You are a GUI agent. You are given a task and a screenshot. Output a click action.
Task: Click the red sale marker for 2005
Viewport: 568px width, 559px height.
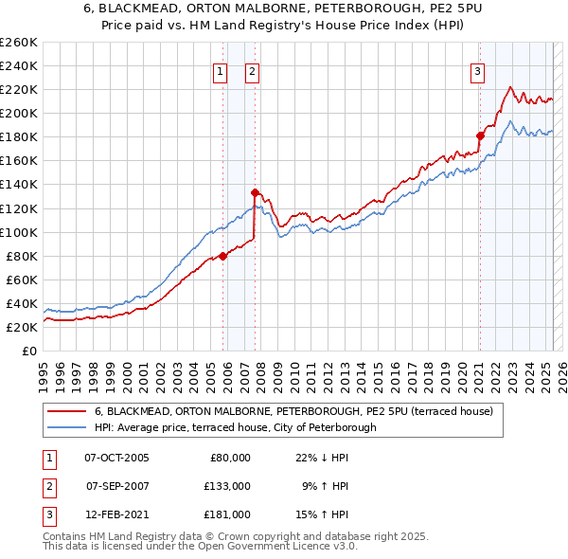223,255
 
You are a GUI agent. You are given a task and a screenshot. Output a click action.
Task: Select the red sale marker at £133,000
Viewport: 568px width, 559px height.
255,192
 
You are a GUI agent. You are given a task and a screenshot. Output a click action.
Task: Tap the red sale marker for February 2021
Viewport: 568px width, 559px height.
480,135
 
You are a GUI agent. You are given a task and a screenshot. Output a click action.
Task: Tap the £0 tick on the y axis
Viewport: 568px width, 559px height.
28,351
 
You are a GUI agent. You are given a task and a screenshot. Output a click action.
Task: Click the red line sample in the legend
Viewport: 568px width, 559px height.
65,412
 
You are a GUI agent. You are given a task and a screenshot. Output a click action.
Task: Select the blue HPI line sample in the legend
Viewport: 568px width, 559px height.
65,427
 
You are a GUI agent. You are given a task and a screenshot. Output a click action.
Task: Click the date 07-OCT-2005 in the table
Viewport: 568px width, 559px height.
116,458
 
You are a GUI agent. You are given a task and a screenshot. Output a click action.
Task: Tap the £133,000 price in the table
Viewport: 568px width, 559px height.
227,486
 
